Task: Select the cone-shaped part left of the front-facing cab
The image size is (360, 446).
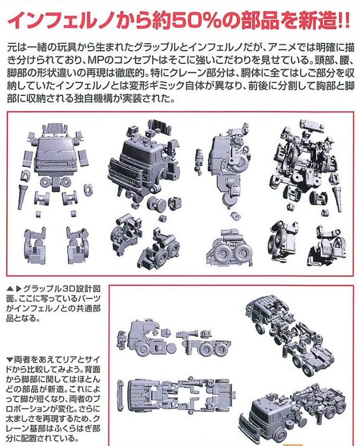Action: click(x=22, y=196)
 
